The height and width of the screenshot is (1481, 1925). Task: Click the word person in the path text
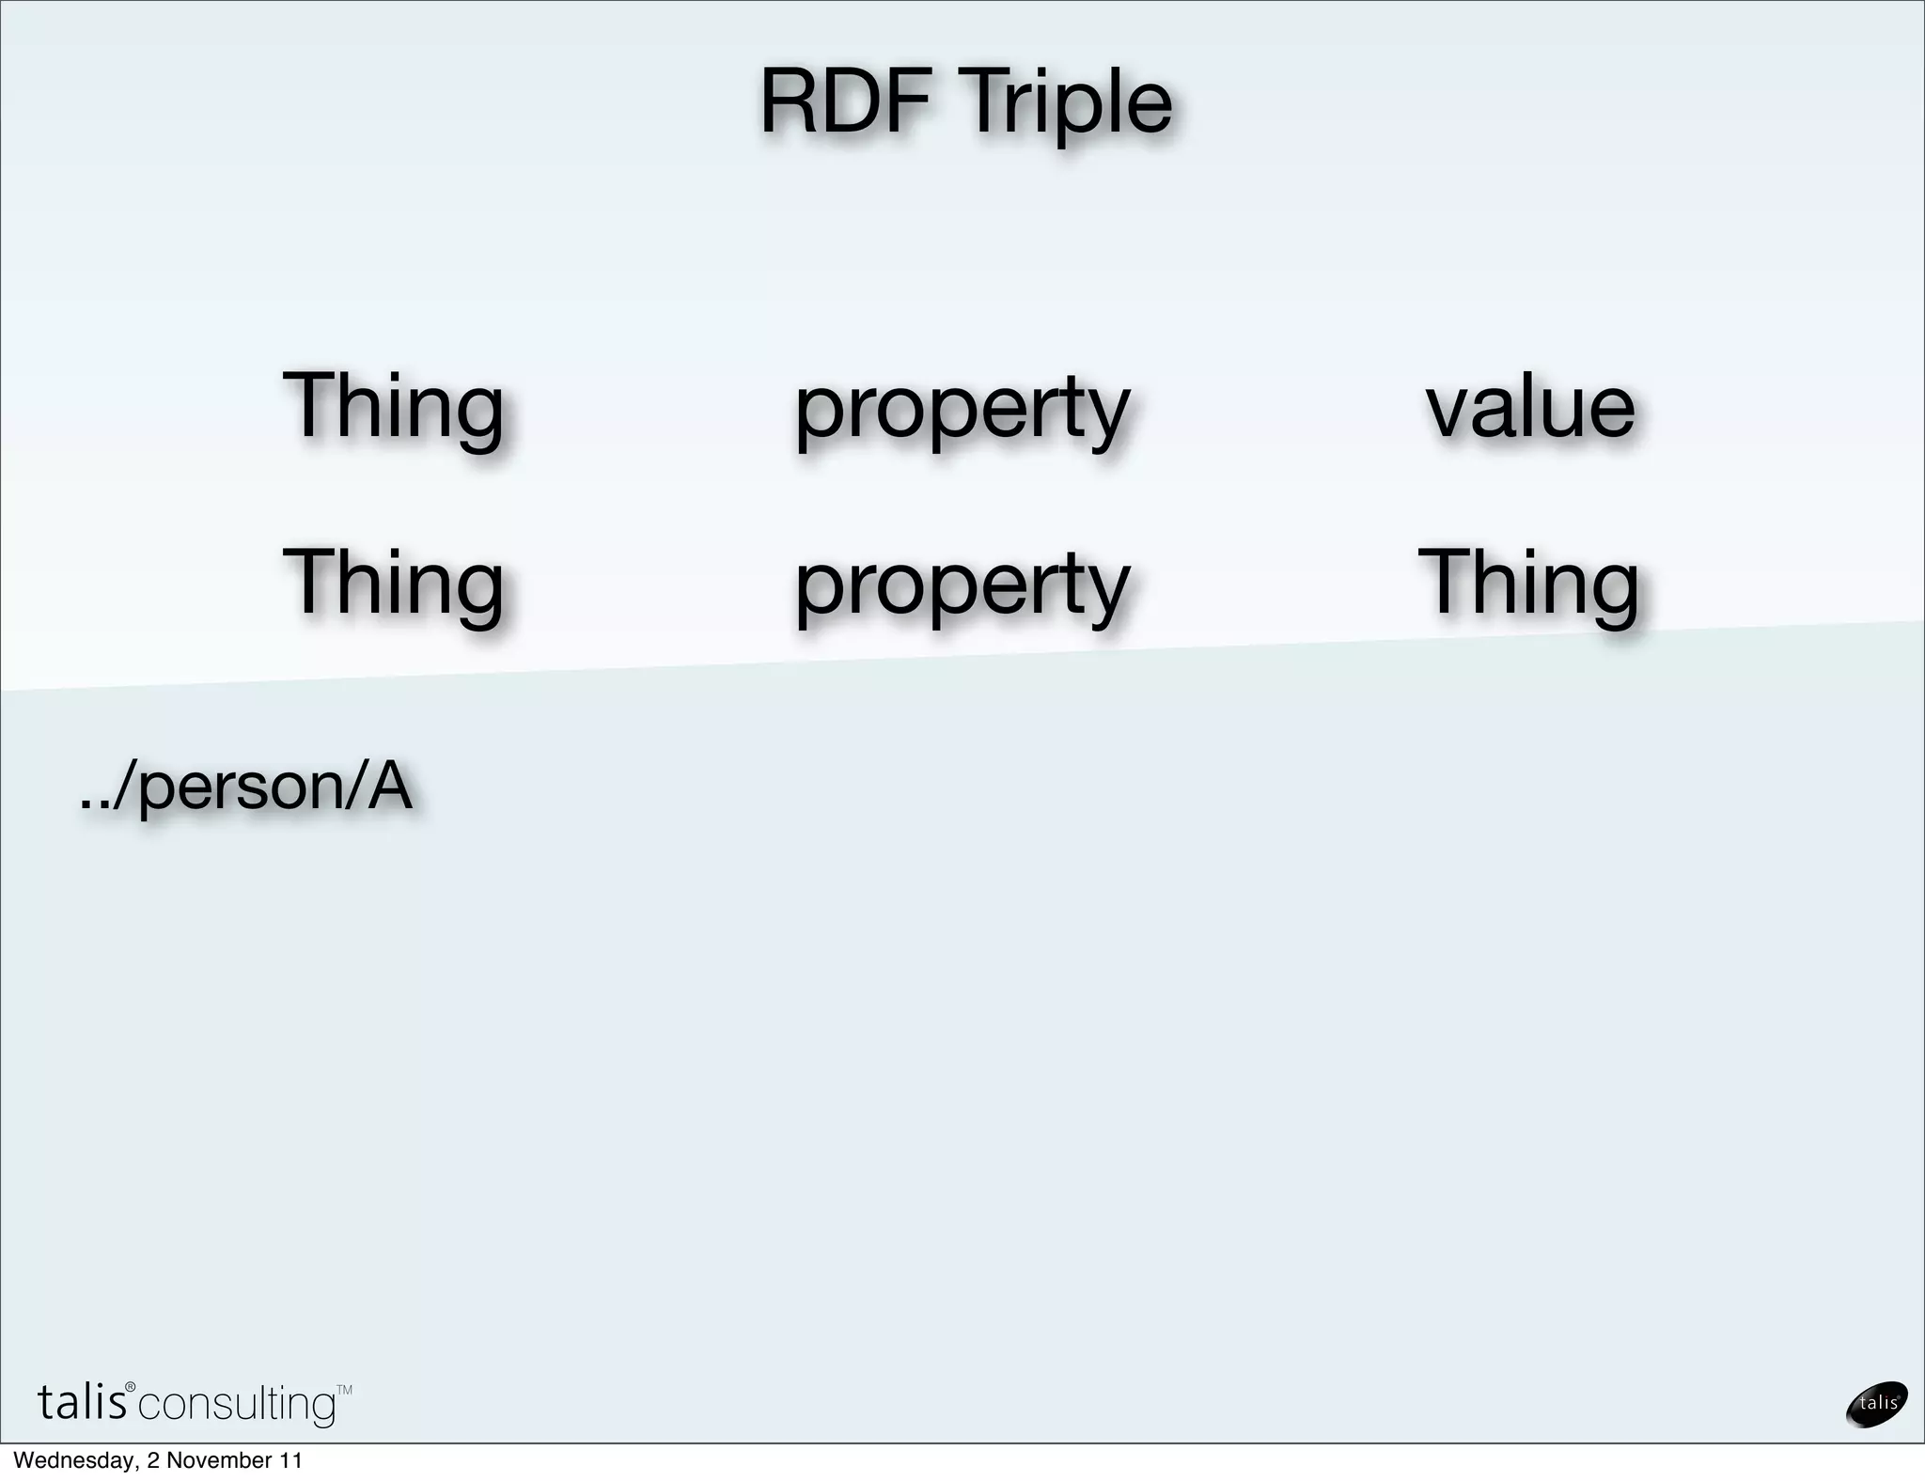tap(241, 787)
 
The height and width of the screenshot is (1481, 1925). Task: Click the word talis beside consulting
tap(82, 1403)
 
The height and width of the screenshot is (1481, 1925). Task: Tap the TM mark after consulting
tap(344, 1390)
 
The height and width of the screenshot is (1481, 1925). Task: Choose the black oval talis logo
tap(1876, 1404)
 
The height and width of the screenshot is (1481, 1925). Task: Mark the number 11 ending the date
tap(291, 1461)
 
